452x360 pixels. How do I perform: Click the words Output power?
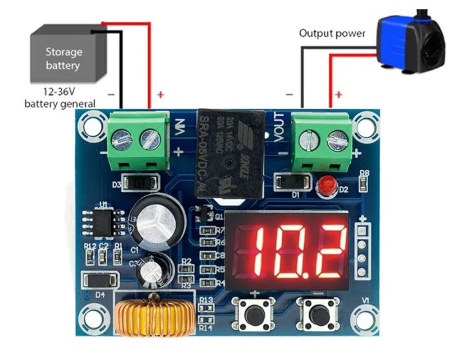(x=332, y=33)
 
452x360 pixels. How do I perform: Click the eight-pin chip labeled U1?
(x=103, y=223)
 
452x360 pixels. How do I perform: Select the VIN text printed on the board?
(x=179, y=128)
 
